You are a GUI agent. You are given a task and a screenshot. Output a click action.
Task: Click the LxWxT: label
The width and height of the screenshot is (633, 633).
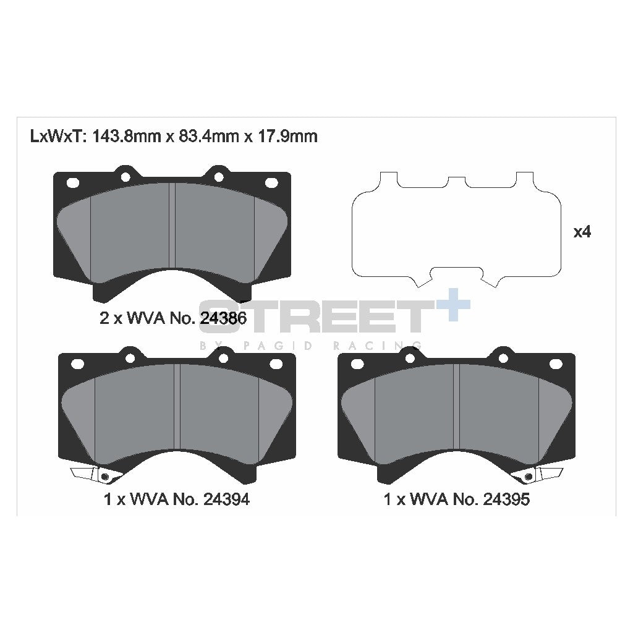[x=59, y=136]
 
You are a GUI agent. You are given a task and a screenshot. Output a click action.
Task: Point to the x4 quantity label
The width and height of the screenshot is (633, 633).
[x=582, y=232]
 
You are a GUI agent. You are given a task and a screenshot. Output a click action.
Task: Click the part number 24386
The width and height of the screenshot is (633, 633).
[x=221, y=318]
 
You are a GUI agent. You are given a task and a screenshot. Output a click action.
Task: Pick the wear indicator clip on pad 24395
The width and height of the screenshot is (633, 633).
[x=542, y=474]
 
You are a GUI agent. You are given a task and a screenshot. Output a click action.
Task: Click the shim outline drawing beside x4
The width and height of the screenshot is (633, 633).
[x=456, y=229]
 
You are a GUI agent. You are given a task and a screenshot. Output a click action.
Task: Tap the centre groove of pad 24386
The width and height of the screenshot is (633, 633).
[x=173, y=225]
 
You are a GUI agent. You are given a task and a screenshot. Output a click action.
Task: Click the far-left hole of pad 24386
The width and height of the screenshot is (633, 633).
[x=72, y=183]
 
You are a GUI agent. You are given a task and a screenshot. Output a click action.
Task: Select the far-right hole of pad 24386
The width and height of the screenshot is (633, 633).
[x=272, y=183]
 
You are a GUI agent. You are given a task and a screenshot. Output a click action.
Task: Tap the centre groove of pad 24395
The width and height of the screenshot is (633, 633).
[x=456, y=406]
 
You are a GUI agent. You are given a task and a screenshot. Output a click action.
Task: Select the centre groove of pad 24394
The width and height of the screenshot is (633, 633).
[x=177, y=406]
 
